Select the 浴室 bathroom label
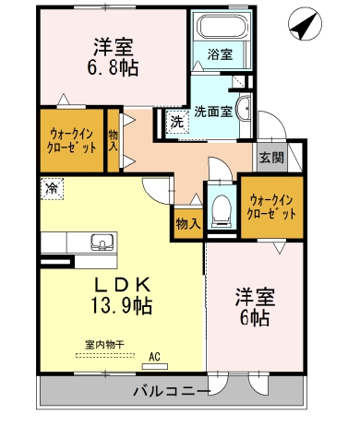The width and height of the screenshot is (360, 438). click(x=220, y=54)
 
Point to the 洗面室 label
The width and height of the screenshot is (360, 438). click(x=211, y=112)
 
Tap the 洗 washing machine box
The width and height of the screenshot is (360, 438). click(x=176, y=120)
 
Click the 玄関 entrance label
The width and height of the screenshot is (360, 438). click(x=271, y=156)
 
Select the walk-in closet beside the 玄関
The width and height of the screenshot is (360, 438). click(x=271, y=206)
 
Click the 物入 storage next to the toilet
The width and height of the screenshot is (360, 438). click(x=187, y=222)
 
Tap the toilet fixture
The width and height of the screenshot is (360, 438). click(x=221, y=210)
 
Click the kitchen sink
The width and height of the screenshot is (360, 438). click(x=100, y=243)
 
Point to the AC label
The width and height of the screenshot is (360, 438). click(x=154, y=355)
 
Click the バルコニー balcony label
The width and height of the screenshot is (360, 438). click(x=173, y=392)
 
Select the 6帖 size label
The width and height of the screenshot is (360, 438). click(x=252, y=318)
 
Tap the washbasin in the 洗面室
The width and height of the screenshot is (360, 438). click(x=241, y=108)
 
